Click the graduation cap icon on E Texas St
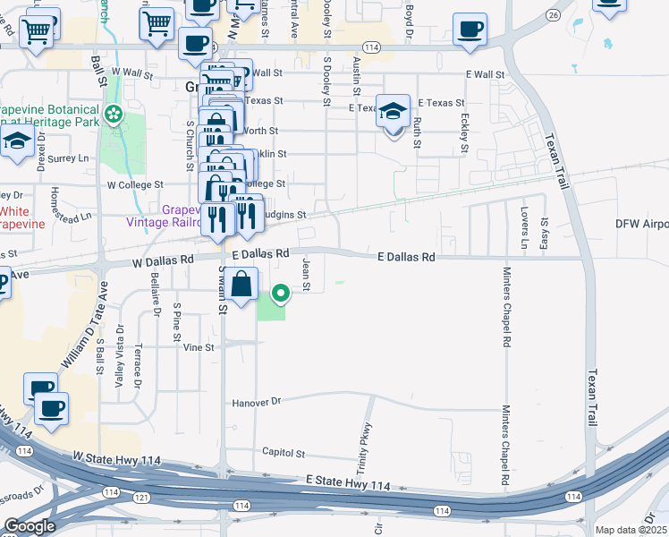(393, 112)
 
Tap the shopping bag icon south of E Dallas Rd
(242, 286)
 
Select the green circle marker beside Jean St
(281, 293)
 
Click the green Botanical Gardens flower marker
(113, 114)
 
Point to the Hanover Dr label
(257, 403)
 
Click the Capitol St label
(284, 454)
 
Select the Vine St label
(199, 347)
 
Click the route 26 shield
(554, 15)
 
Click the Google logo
(30, 526)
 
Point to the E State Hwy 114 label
(348, 484)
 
